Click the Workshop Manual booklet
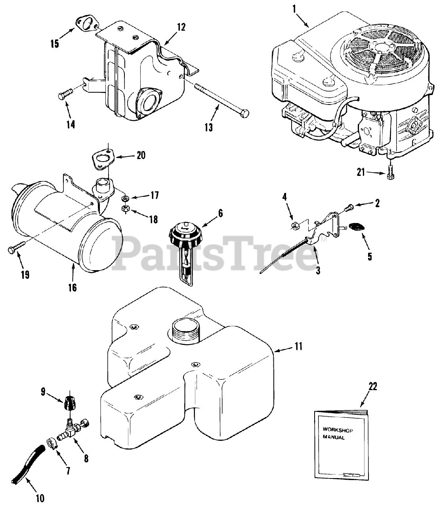(339, 438)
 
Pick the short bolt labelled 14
(65, 95)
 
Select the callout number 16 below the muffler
(73, 287)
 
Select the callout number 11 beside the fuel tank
(298, 347)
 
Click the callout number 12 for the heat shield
(181, 27)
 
